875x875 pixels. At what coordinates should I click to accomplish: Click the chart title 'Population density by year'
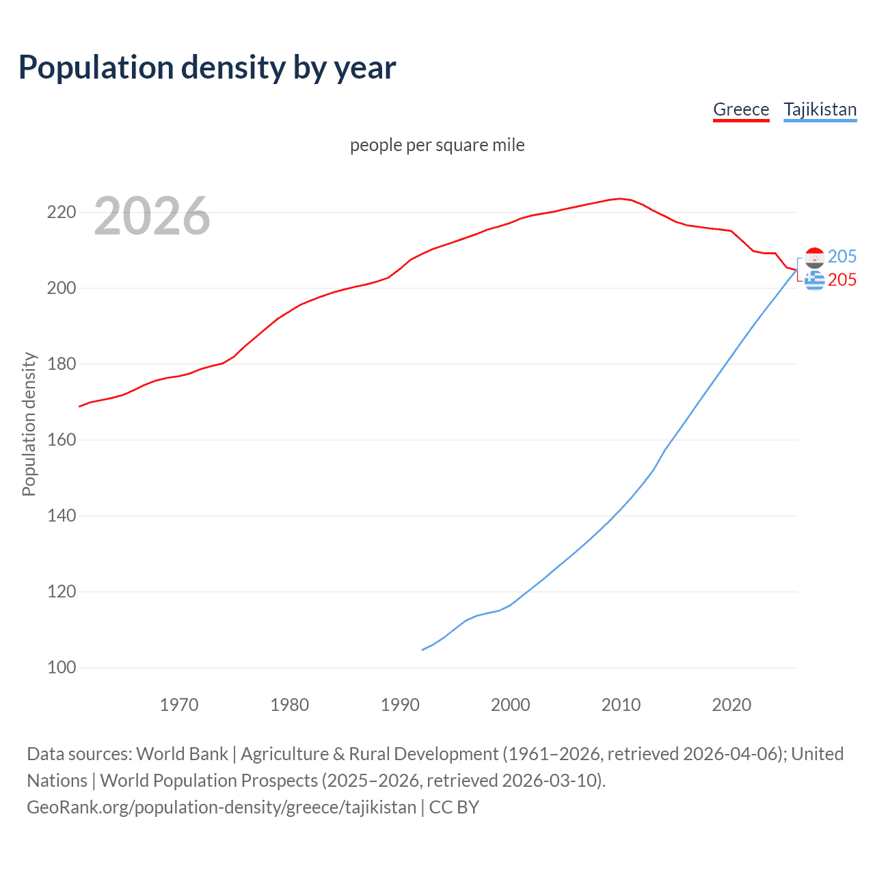click(207, 68)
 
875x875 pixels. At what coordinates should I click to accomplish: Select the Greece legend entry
click(741, 109)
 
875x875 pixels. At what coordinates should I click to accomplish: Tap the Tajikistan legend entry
click(820, 109)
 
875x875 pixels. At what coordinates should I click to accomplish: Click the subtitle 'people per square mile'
click(437, 145)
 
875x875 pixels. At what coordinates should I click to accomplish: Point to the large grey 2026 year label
click(152, 216)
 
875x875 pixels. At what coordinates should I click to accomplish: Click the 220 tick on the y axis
click(62, 213)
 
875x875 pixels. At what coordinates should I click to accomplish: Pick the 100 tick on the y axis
click(62, 667)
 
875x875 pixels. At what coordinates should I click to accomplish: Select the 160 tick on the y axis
click(62, 440)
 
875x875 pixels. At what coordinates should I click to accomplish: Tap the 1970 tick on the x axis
click(179, 705)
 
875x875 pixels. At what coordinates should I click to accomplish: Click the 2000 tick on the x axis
click(511, 705)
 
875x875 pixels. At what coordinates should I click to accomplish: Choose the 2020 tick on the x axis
click(731, 705)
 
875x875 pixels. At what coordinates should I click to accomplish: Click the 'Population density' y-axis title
click(29, 424)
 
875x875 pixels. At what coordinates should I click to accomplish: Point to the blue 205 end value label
click(842, 256)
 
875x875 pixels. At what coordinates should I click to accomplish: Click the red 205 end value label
click(842, 280)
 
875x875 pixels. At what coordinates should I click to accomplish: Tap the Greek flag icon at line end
click(814, 280)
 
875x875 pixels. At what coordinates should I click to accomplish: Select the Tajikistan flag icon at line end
click(814, 257)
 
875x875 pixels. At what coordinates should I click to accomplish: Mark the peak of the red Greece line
click(620, 198)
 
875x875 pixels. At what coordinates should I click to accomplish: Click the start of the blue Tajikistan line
click(422, 649)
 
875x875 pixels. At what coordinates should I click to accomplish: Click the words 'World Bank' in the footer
click(182, 754)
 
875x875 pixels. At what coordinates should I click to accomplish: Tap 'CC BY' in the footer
click(454, 807)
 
